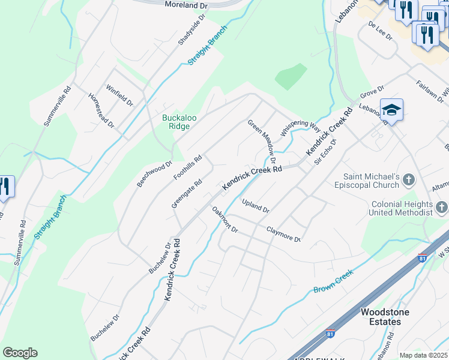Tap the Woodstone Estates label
381,317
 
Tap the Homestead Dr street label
101,110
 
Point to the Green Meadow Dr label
262,141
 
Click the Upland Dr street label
256,206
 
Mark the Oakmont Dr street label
225,220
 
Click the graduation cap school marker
391,110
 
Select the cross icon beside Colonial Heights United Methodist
442,208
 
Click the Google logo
20,353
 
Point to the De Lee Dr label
380,32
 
